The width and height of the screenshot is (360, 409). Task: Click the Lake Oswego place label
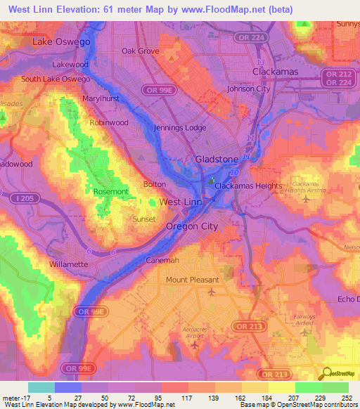[62, 42]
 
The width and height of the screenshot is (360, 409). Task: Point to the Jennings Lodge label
[180, 128]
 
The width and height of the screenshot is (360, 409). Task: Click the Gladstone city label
[217, 160]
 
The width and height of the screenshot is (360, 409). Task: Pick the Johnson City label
[248, 89]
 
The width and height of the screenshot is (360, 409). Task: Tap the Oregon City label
[192, 226]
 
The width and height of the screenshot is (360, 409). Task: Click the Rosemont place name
[110, 192]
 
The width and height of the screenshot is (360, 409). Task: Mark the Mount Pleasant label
[193, 280]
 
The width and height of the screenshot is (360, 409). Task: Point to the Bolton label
[155, 184]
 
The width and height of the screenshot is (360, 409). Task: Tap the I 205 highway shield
[20, 199]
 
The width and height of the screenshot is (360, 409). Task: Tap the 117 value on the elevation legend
[187, 398]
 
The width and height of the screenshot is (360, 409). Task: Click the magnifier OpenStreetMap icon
[326, 372]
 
